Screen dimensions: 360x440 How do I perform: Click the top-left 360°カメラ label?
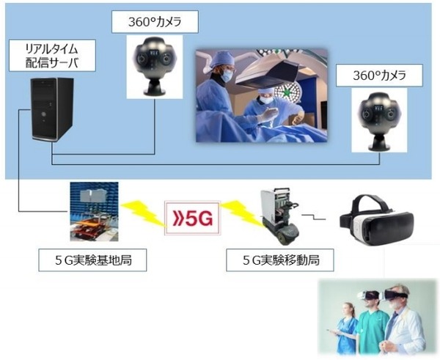(155, 22)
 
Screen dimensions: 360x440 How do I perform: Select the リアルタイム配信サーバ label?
(50, 56)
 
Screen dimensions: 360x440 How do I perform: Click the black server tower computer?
(52, 109)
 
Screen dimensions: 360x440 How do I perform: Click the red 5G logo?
(192, 218)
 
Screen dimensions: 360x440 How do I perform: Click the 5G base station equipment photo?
(94, 212)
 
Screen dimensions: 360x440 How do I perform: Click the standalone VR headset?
(375, 219)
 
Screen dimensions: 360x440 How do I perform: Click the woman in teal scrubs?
(348, 323)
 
